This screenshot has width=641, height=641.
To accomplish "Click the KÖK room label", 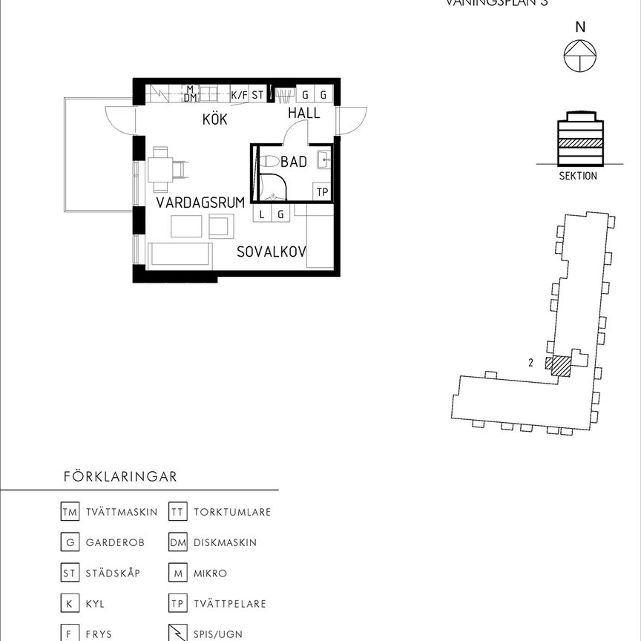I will point(214,119).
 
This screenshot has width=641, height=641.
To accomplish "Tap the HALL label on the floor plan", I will point(304,114).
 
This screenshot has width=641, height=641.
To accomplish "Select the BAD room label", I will point(294,162).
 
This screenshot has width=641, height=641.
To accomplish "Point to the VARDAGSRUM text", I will point(200,202).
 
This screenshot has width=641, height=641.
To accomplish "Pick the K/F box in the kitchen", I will point(239,95).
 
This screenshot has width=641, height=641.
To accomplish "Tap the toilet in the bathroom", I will point(269,161).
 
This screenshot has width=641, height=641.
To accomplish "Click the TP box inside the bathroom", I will point(322,191).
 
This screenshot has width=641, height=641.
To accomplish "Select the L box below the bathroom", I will point(262,214).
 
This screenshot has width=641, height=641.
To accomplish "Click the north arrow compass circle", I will point(580,56).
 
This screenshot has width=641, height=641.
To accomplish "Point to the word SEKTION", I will point(578,177).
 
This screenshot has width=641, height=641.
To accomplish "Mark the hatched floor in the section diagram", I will point(580,143).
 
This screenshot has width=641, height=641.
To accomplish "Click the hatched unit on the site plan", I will point(559,366).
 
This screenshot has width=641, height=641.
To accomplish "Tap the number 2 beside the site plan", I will point(531,363).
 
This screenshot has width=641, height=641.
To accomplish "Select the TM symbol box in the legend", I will point(69,512).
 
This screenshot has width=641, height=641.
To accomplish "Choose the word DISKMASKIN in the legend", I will point(225,542).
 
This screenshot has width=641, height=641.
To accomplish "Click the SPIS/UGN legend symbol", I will point(177,634).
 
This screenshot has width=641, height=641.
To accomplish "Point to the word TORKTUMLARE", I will point(232,512).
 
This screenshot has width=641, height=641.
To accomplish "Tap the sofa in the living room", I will point(180,254).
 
